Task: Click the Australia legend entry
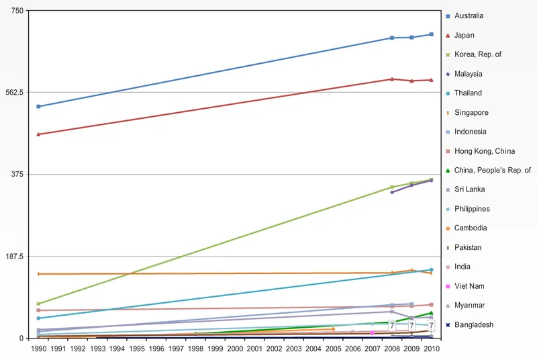(469, 15)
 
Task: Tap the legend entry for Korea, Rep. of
(477, 54)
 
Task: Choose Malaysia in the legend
(468, 74)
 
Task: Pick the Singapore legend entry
(471, 112)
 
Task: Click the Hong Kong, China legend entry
(485, 151)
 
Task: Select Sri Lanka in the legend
(469, 189)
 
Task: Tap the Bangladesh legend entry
(473, 324)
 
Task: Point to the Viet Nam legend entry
(469, 286)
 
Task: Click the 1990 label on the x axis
(39, 349)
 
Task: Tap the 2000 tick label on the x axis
(234, 349)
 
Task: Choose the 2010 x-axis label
(431, 349)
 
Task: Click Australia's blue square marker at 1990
(39, 106)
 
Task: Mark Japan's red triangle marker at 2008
(392, 79)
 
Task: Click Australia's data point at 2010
(431, 34)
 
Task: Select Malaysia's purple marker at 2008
(392, 192)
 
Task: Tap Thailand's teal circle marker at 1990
(39, 318)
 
